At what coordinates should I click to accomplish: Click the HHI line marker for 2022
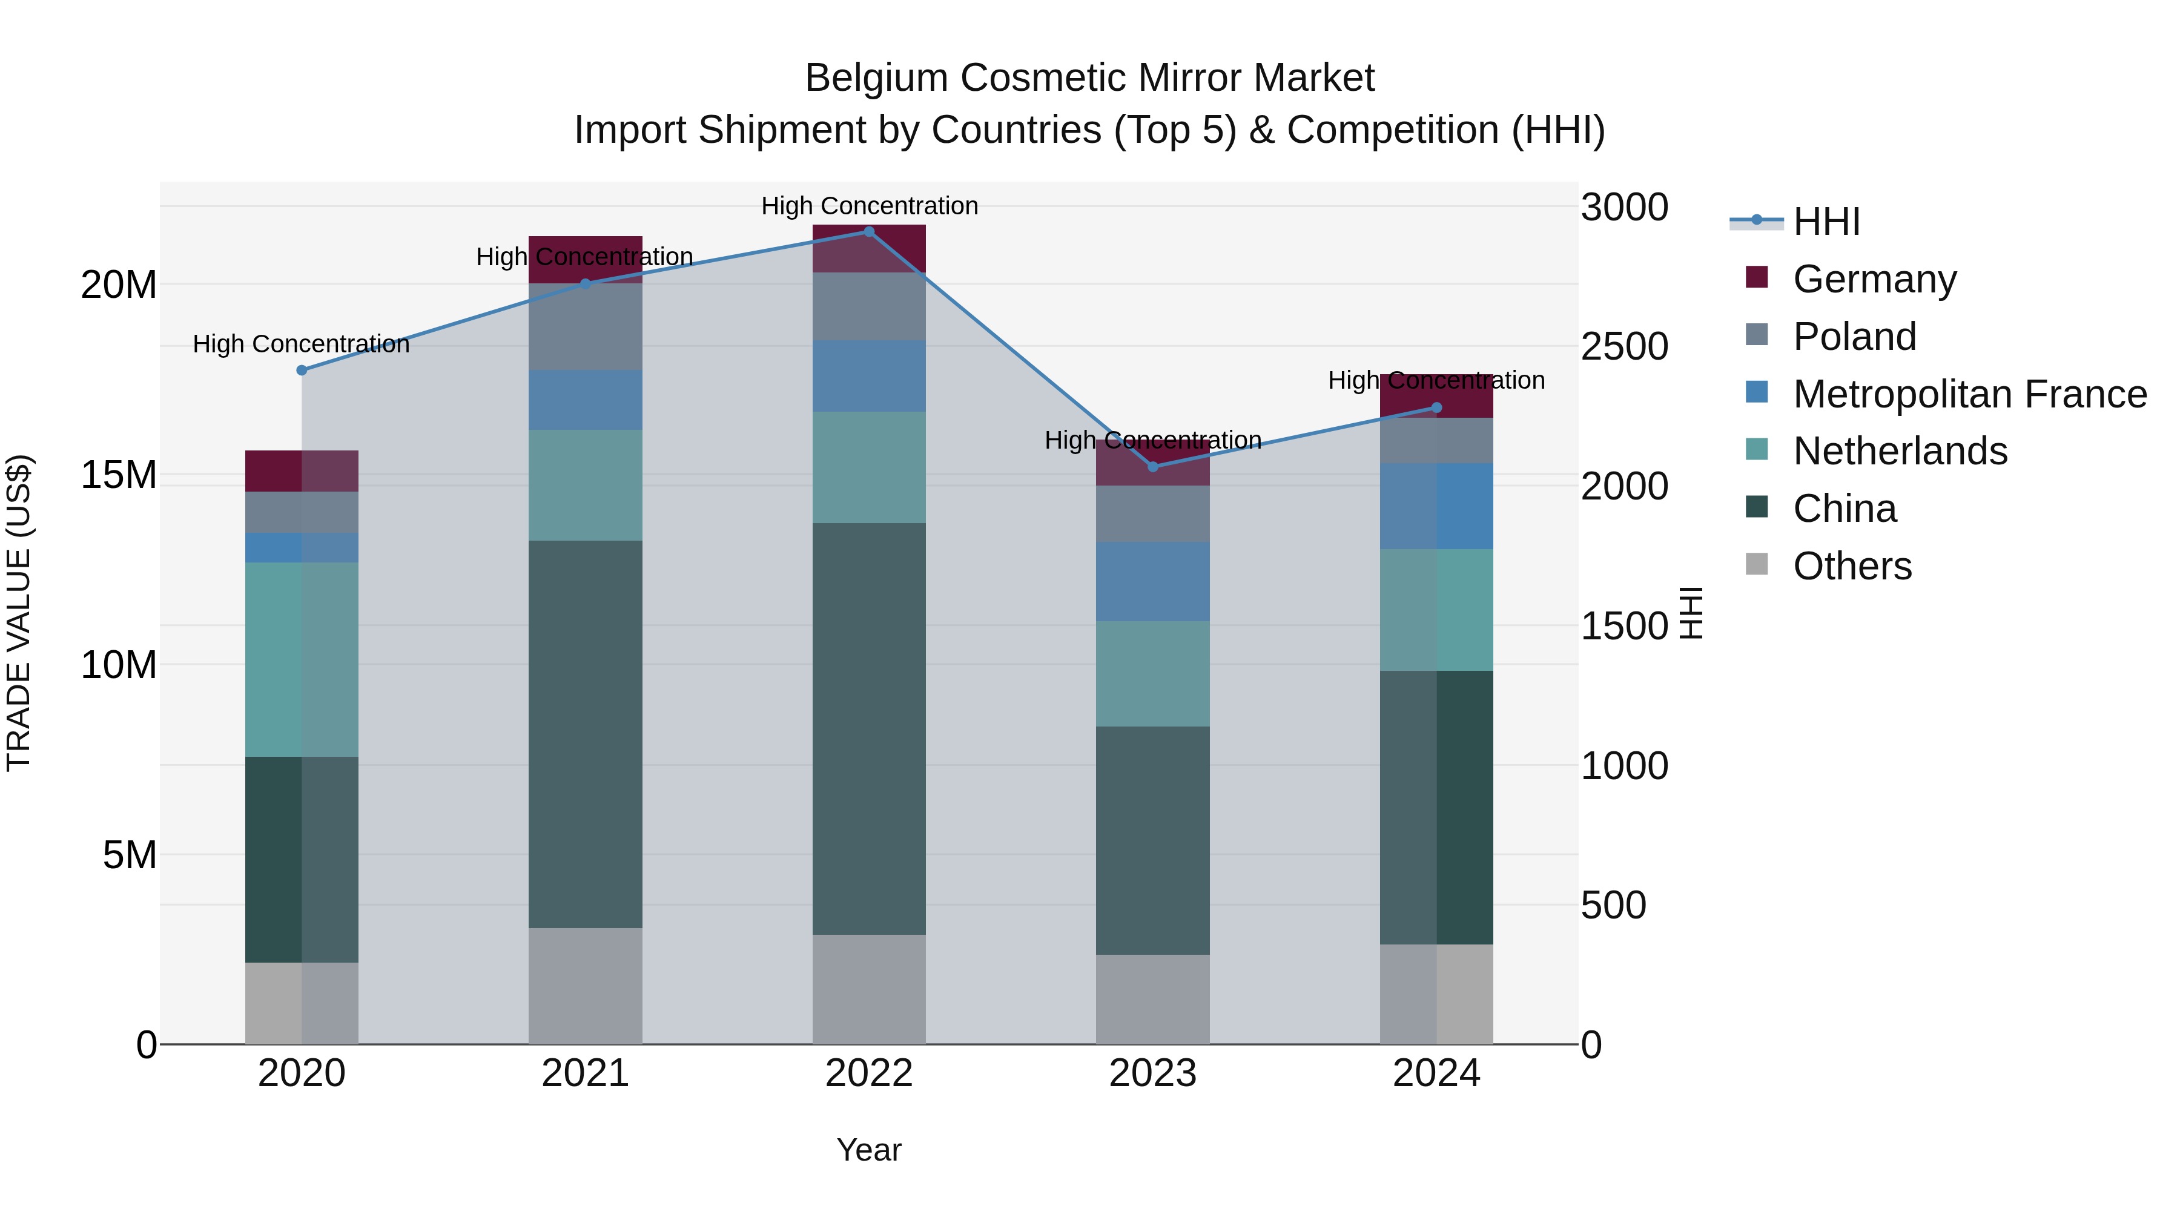click(x=868, y=231)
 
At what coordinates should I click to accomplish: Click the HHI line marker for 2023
click(x=1152, y=467)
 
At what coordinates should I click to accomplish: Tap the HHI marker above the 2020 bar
click(x=302, y=370)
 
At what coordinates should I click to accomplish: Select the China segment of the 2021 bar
click(x=585, y=734)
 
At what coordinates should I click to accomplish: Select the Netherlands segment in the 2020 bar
click(x=302, y=659)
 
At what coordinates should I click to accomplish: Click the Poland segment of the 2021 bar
click(x=585, y=326)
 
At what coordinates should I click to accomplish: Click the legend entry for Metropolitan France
click(x=1969, y=394)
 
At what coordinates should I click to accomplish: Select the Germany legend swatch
click(x=1757, y=277)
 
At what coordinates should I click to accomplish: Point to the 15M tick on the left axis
click(x=119, y=475)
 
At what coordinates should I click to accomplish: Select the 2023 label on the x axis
click(x=1152, y=1073)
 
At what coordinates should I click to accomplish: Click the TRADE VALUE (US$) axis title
click(x=19, y=613)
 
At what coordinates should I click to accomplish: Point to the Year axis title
click(x=868, y=1150)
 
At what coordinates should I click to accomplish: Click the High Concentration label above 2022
click(x=869, y=206)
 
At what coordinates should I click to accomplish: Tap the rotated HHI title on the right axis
click(x=1690, y=613)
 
